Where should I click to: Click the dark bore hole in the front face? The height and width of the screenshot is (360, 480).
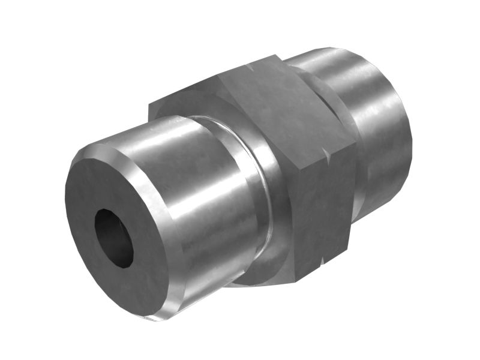point(114,237)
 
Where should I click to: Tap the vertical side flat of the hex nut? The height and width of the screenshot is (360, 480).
point(327,210)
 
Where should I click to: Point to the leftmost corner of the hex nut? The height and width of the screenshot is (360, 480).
point(149,108)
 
